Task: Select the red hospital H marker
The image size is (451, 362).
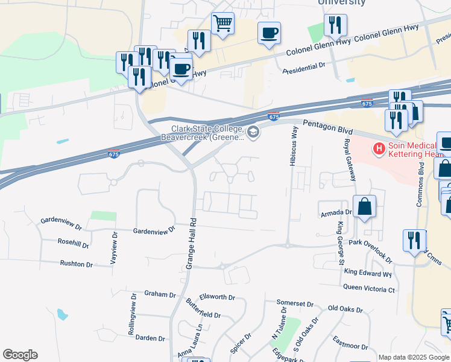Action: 379,148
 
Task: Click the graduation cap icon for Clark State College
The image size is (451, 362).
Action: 253,132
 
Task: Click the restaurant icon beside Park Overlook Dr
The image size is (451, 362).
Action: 414,240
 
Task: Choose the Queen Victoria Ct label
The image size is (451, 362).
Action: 369,290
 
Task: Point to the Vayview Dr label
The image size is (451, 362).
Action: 113,247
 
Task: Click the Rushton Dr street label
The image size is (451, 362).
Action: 77,264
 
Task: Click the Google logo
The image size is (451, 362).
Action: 20,355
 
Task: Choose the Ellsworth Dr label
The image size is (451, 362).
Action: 217,297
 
